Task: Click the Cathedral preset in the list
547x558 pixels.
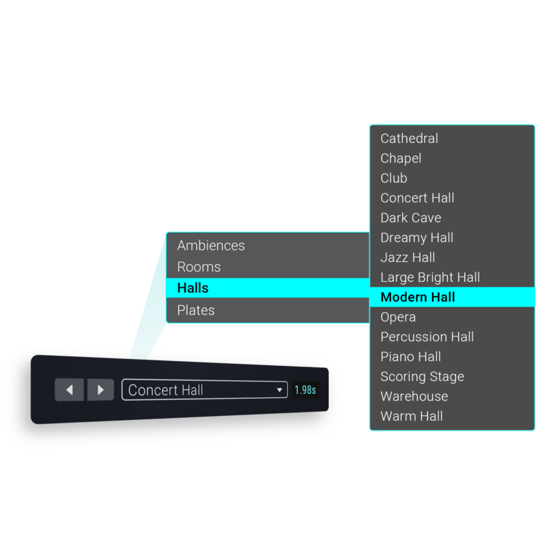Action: [x=409, y=139]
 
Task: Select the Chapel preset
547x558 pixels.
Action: [x=401, y=159]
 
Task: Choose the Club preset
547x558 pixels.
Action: [x=394, y=178]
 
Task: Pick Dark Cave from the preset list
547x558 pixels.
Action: [x=410, y=218]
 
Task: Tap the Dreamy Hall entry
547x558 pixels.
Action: [x=416, y=238]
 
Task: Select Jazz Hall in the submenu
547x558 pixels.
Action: [x=408, y=258]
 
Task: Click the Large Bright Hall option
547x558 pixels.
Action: [x=430, y=278]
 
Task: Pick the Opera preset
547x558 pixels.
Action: [x=398, y=317]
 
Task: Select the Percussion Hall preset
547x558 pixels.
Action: [x=427, y=337]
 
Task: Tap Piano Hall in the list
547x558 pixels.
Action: [x=410, y=357]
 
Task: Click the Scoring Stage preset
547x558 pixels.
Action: [x=422, y=377]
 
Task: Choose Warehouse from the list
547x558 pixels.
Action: [x=414, y=397]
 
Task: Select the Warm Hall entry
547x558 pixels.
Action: [x=412, y=416]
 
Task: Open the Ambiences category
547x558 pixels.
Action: [x=211, y=245]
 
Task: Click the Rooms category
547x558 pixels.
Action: [x=198, y=267]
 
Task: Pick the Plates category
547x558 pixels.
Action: [x=196, y=310]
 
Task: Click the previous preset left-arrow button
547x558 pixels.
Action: [x=69, y=390]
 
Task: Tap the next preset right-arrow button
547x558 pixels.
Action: [x=101, y=390]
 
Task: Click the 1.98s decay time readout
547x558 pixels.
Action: [x=305, y=390]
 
